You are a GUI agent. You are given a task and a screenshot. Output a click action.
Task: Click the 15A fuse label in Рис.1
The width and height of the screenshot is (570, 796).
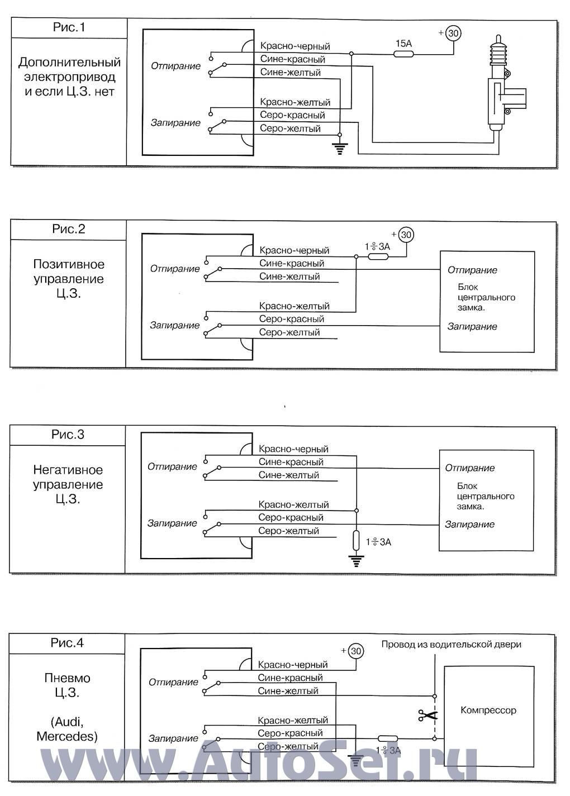click(x=403, y=43)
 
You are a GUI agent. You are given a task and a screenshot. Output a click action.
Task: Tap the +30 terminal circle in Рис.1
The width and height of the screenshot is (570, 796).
click(x=453, y=34)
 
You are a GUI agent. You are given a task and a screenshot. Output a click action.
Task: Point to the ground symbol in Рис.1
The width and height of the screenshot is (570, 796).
click(x=339, y=147)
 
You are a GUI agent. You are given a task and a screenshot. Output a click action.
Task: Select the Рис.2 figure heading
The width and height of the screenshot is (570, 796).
click(x=69, y=229)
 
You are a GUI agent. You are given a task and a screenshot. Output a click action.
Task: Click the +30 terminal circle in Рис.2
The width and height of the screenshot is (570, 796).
click(x=406, y=235)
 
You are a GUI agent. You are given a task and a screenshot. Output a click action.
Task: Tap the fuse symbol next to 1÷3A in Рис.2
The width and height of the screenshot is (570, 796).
click(x=378, y=257)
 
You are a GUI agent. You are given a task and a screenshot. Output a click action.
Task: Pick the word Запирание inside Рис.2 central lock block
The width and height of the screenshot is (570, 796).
click(x=472, y=327)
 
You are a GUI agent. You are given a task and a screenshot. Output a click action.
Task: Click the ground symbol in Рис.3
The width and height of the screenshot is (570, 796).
click(x=355, y=560)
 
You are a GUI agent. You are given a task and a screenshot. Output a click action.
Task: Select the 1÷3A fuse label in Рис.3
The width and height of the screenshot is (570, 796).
click(x=378, y=542)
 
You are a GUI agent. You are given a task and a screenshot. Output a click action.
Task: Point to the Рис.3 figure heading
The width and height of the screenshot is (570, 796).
click(x=68, y=435)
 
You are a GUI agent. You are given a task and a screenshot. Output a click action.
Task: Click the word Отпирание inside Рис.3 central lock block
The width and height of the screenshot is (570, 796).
click(x=470, y=468)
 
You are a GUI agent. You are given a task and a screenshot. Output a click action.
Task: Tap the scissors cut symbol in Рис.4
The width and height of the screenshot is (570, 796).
click(x=428, y=715)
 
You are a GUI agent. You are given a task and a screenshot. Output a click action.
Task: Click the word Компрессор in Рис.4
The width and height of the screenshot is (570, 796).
click(x=488, y=711)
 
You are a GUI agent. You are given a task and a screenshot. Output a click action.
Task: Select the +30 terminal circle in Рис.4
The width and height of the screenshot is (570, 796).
click(x=355, y=651)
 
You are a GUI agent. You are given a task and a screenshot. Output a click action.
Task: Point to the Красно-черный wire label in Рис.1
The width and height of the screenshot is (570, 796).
click(x=295, y=46)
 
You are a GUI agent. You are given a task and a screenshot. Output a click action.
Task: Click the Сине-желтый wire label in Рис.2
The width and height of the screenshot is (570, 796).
click(x=289, y=277)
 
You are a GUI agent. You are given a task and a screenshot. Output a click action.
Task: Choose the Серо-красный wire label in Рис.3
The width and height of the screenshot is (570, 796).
click(x=291, y=518)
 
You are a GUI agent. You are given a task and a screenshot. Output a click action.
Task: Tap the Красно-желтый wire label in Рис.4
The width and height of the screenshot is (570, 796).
click(x=293, y=721)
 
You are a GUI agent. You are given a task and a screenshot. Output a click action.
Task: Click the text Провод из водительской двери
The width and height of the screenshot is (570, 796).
click(x=452, y=645)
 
